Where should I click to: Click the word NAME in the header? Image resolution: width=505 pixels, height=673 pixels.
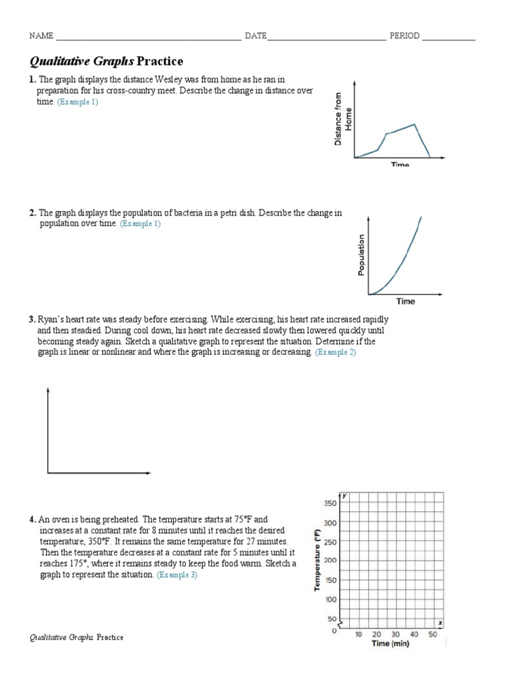click(x=41, y=36)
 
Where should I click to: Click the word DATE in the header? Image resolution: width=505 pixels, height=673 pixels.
click(x=256, y=36)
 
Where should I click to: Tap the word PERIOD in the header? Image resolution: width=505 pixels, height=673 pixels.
click(x=404, y=36)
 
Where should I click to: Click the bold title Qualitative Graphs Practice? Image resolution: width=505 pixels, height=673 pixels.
click(x=107, y=61)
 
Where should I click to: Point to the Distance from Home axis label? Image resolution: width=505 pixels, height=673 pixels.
click(x=343, y=118)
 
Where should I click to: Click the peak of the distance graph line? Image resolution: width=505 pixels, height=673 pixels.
click(x=414, y=124)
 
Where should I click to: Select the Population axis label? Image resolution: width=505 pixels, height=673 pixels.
click(x=361, y=255)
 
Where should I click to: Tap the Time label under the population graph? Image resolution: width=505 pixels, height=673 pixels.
click(x=405, y=301)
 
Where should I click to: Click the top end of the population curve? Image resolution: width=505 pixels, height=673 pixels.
click(x=421, y=218)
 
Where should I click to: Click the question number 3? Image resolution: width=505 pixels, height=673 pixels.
click(x=32, y=319)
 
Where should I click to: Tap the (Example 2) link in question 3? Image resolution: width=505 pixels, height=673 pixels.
click(x=335, y=353)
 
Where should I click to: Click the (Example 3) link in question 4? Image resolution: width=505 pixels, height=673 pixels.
click(x=177, y=575)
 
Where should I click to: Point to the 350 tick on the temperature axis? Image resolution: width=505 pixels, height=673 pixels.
click(x=329, y=503)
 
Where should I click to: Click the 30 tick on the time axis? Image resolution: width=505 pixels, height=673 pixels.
click(x=395, y=635)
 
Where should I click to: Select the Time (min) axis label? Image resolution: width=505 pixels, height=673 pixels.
click(x=390, y=644)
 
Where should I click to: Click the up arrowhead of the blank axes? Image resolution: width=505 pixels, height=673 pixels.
click(x=47, y=390)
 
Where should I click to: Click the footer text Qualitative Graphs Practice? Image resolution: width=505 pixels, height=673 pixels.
click(x=77, y=638)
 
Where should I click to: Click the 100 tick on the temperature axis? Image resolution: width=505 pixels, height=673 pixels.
click(x=329, y=599)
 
